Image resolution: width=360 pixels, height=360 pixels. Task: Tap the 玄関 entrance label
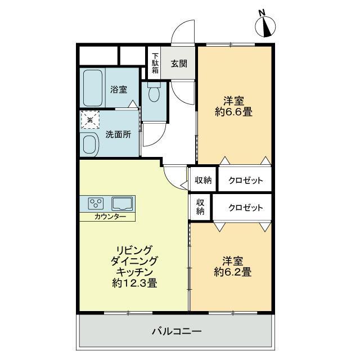tap(179, 64)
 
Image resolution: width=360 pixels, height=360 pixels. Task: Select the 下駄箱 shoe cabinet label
tap(155, 63)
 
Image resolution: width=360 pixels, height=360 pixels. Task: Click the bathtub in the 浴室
tap(92, 88)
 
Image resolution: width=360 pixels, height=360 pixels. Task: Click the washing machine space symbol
tap(90, 120)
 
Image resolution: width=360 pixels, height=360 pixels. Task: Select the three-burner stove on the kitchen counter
tap(96, 204)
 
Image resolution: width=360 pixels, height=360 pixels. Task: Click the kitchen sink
tap(122, 204)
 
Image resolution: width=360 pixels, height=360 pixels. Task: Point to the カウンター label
tap(110, 217)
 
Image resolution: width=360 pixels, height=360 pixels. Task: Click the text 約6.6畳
tap(233, 112)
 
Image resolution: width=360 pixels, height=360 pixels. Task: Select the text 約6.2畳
tap(232, 272)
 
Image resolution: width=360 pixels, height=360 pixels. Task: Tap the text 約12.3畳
tap(135, 283)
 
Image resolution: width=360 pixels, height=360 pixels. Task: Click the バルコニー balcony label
tap(177, 331)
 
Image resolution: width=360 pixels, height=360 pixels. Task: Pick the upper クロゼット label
tap(245, 181)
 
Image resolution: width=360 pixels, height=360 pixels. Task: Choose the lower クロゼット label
tap(245, 208)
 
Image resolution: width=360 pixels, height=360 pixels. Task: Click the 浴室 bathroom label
tap(119, 89)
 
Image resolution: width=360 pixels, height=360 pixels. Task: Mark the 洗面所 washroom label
tap(118, 134)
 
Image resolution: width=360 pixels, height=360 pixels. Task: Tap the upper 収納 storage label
tap(203, 180)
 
